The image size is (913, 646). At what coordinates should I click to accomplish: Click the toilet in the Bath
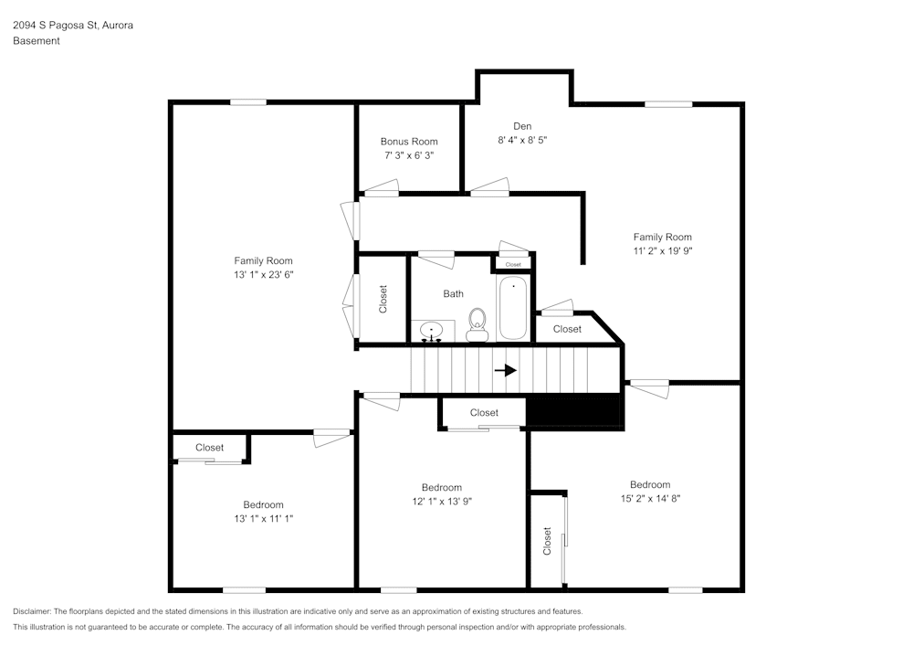(x=477, y=325)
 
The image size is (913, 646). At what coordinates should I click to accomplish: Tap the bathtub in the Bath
(x=513, y=308)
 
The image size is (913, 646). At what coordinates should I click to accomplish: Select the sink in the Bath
(x=432, y=331)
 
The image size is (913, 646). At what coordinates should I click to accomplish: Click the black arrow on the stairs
(x=506, y=370)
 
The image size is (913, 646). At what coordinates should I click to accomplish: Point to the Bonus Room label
(x=409, y=142)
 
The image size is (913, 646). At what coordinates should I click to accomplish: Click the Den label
(x=522, y=126)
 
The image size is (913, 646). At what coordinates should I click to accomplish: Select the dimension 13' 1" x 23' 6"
(x=263, y=274)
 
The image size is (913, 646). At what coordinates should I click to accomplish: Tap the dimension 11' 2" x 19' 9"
(x=663, y=251)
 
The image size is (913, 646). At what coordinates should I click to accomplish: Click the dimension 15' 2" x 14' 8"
(x=650, y=499)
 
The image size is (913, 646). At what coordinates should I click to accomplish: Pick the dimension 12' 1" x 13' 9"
(x=442, y=502)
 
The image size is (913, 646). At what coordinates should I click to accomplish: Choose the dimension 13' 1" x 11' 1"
(x=263, y=518)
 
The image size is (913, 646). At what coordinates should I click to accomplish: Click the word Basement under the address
(x=37, y=41)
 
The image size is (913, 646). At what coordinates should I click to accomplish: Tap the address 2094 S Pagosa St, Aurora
(x=73, y=25)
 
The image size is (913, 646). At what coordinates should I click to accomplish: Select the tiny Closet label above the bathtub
(x=513, y=264)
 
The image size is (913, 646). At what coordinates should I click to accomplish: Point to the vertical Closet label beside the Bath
(x=383, y=299)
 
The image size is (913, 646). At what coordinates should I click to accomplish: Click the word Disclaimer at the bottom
(x=32, y=611)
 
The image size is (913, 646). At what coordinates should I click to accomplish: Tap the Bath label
(x=453, y=294)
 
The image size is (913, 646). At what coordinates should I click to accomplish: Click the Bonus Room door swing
(x=381, y=187)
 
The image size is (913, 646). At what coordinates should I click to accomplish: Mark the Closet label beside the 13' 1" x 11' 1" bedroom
(x=209, y=448)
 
